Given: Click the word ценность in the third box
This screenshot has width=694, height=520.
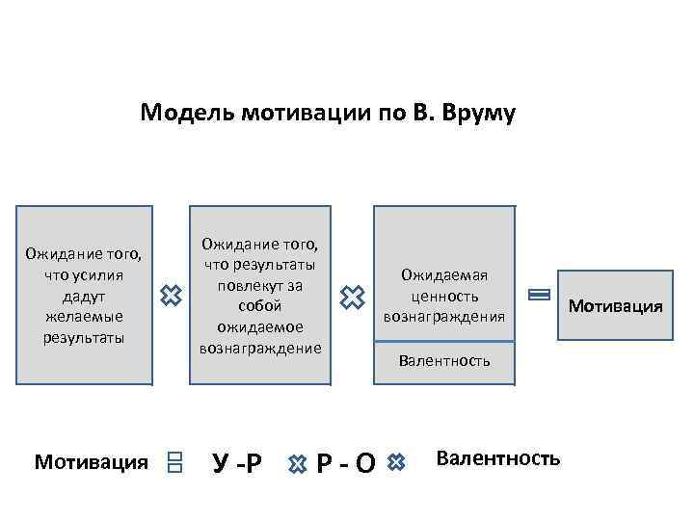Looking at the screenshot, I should point(444,295).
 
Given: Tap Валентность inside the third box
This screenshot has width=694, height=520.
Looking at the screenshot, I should point(444,361).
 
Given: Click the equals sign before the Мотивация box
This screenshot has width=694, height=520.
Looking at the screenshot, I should point(539,296).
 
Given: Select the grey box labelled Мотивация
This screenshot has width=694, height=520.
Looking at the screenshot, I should point(615,306).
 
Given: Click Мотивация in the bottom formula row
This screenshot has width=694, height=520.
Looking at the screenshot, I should point(92,462).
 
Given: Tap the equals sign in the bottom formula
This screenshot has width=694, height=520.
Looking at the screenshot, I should point(174,463).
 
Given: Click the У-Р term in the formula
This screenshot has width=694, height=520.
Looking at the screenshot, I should point(236,463).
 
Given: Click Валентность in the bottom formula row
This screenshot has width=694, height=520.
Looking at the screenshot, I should point(497,457).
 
